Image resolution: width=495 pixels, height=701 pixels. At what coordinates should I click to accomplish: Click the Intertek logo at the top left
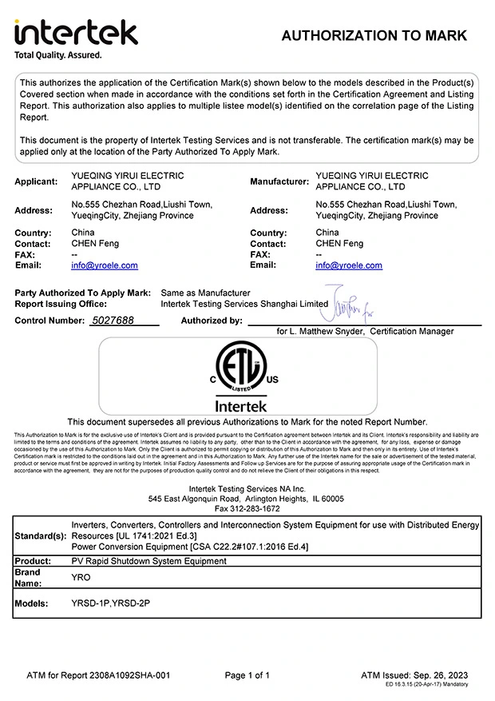[x=76, y=32]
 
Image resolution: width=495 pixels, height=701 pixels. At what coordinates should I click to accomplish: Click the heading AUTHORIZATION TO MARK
[x=374, y=35]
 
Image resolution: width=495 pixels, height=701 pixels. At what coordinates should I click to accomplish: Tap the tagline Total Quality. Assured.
[x=58, y=55]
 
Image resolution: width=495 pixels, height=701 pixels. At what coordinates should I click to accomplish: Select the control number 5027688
[x=113, y=321]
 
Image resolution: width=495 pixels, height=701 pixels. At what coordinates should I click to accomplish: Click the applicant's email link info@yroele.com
[x=105, y=265]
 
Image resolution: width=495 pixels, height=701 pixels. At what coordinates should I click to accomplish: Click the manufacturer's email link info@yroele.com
[x=349, y=265]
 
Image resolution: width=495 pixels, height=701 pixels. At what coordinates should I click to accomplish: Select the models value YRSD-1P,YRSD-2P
[x=111, y=603]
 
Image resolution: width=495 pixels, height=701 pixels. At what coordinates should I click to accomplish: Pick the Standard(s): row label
[x=41, y=536]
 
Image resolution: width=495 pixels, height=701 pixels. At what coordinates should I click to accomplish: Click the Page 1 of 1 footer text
[x=247, y=675]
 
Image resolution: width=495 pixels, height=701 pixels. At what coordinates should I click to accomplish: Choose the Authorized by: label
[x=212, y=321]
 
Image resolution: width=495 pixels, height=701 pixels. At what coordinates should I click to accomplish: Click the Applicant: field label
[x=36, y=181]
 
